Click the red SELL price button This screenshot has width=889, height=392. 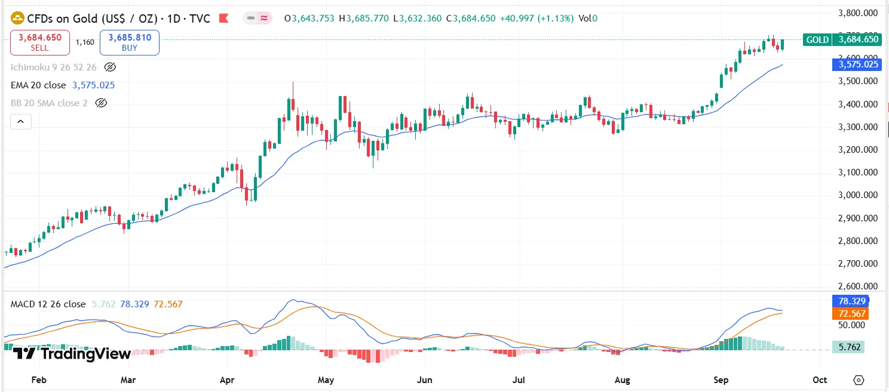click(x=40, y=42)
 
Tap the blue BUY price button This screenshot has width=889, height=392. click(x=130, y=42)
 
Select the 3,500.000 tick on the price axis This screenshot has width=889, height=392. click(x=858, y=81)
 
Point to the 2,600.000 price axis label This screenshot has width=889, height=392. click(x=858, y=286)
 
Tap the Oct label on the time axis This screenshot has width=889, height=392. click(x=820, y=379)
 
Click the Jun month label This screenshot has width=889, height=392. click(x=424, y=379)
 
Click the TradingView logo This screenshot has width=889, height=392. click(x=72, y=354)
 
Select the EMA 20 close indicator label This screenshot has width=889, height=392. click(x=38, y=85)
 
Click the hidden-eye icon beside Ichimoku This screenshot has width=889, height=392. click(x=109, y=67)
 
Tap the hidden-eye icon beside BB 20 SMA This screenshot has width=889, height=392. click(x=101, y=103)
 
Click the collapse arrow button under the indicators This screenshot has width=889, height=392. click(x=20, y=122)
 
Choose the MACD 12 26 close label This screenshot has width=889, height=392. click(x=48, y=304)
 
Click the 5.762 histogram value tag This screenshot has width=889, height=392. click(x=848, y=347)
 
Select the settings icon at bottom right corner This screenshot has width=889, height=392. click(x=859, y=379)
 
